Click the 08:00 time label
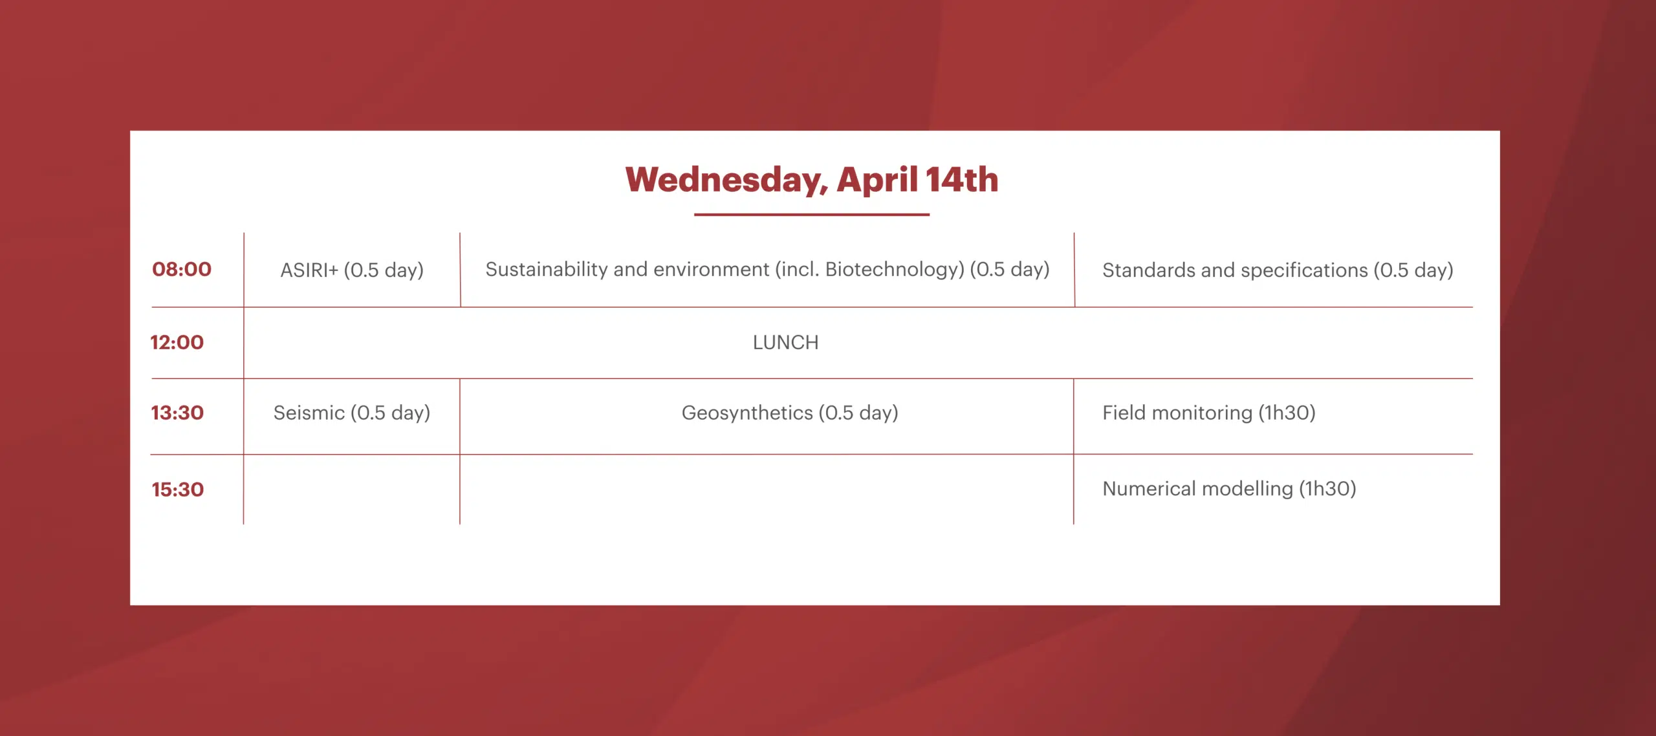click(x=182, y=269)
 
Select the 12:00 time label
click(x=177, y=342)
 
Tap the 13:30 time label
click(x=177, y=413)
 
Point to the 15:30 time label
click(x=178, y=490)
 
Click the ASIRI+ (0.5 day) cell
click(x=352, y=270)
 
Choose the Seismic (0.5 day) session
click(x=352, y=413)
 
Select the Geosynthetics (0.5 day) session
click(x=790, y=413)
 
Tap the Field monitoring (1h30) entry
click(x=1209, y=413)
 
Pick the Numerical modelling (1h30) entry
click(x=1229, y=489)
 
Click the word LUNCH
click(x=785, y=342)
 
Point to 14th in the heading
click(x=962, y=179)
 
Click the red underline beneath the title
click(x=812, y=214)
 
